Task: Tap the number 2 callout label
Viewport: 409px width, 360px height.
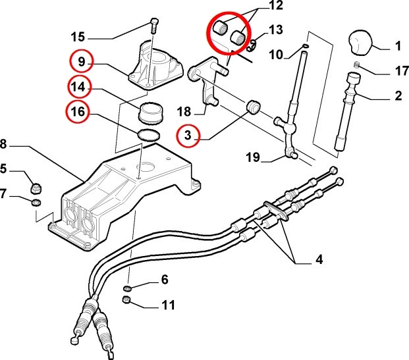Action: click(x=398, y=97)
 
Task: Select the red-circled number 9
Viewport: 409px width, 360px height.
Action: click(x=81, y=63)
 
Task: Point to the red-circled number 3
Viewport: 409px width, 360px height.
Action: click(x=188, y=137)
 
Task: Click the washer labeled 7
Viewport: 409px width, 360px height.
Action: click(x=37, y=201)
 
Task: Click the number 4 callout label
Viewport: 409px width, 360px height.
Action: click(x=319, y=259)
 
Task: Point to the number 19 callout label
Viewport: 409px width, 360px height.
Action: click(x=252, y=159)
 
